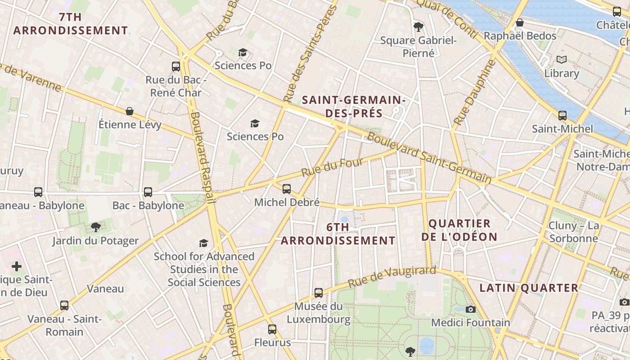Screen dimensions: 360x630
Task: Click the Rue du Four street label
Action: click(x=332, y=167)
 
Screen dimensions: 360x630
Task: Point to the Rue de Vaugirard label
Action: click(x=392, y=277)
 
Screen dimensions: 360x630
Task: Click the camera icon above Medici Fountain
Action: click(x=471, y=309)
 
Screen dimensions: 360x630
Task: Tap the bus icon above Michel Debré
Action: click(x=287, y=189)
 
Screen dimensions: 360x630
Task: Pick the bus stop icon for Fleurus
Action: click(x=272, y=329)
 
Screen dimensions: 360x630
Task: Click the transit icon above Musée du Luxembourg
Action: click(x=319, y=293)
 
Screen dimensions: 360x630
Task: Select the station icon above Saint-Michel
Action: click(x=562, y=116)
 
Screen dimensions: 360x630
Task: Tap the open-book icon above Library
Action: click(x=562, y=59)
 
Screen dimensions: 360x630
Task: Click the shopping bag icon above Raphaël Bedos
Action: click(x=520, y=22)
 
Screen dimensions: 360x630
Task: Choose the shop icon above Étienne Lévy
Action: click(x=130, y=111)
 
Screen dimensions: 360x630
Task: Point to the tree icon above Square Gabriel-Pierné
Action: click(x=418, y=27)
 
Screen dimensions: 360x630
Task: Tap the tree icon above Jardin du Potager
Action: click(x=95, y=227)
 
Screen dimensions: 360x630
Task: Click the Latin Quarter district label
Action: click(x=529, y=288)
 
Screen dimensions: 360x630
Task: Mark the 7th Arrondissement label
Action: click(x=71, y=24)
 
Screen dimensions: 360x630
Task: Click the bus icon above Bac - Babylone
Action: click(x=148, y=192)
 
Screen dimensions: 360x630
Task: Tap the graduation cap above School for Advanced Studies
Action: click(x=204, y=243)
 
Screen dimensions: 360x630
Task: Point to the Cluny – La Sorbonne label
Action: click(x=574, y=232)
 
